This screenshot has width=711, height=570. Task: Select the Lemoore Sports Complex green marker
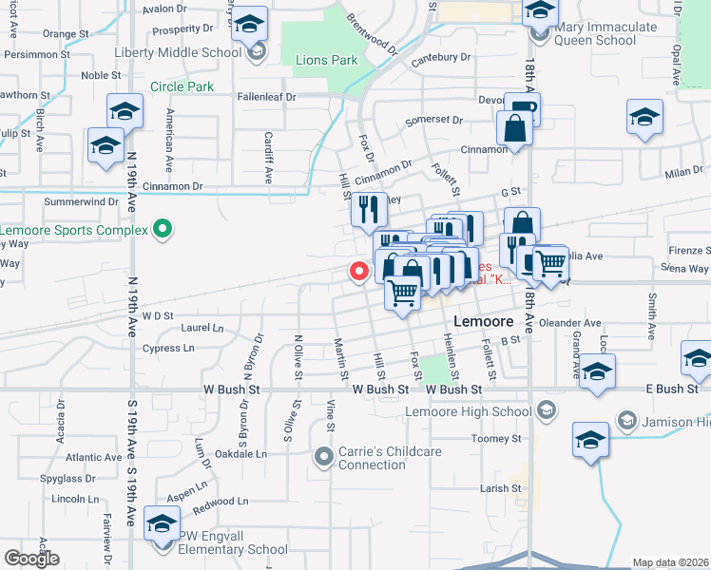click(163, 229)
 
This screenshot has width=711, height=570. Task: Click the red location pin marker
click(359, 271)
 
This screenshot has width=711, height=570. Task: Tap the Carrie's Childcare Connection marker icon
click(323, 458)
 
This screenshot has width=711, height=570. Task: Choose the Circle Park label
click(181, 87)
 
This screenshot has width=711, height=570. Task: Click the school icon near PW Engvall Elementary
click(163, 523)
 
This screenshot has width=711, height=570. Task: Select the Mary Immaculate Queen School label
click(595, 34)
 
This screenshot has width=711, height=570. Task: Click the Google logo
click(31, 558)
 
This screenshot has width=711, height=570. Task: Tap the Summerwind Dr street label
click(81, 202)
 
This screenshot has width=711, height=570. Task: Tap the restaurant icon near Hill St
click(369, 210)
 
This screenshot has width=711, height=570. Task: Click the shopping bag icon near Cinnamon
click(513, 128)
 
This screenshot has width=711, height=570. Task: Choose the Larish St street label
click(494, 488)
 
